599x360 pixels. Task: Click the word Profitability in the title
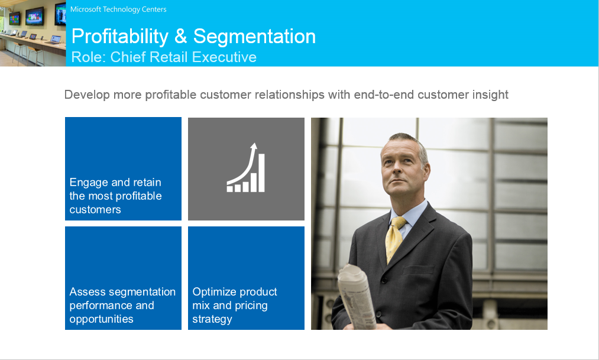[x=120, y=37]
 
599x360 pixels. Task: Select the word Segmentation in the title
[x=254, y=36]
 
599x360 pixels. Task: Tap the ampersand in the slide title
[x=181, y=36]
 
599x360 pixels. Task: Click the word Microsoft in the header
[x=86, y=9]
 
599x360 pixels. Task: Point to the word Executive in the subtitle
[x=224, y=57]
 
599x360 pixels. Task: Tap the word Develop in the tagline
[x=87, y=95]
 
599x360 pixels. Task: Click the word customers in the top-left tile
[x=95, y=210]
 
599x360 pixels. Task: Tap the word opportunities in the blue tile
[x=101, y=319]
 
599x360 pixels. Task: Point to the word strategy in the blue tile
[x=212, y=319]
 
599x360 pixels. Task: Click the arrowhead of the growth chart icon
[x=254, y=146]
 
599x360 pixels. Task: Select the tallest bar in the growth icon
[x=262, y=173]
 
